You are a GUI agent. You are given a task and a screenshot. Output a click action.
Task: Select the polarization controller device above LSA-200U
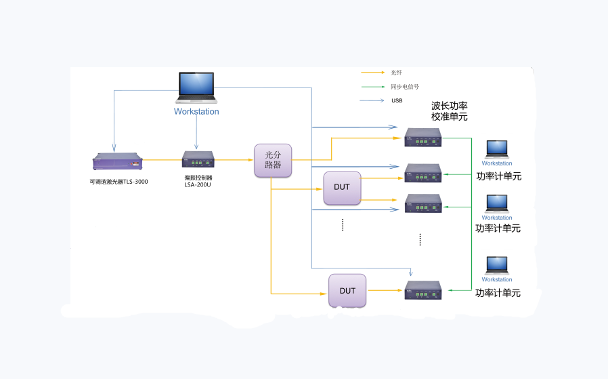198,160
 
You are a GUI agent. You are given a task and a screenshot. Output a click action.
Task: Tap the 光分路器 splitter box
273,160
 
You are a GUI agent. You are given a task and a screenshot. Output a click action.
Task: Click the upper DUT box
342,188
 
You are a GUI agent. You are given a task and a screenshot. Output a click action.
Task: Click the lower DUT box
347,291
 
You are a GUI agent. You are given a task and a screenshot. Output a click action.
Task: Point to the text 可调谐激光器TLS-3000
119,182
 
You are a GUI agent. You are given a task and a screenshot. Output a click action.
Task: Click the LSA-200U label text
198,184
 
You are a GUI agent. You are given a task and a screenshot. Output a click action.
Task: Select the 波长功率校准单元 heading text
449,111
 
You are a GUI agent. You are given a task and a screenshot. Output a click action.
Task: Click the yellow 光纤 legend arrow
373,72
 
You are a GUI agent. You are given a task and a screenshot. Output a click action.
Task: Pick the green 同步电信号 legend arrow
373,86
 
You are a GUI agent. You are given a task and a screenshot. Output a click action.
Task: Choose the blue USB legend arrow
373,100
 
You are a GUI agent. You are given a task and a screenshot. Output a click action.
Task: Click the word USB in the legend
397,100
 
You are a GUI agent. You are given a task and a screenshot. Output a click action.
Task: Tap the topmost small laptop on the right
497,149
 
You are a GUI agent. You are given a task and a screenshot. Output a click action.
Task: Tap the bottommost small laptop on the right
497,265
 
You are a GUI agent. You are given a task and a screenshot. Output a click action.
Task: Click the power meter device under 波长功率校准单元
423,138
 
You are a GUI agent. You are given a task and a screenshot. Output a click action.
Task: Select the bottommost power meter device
423,290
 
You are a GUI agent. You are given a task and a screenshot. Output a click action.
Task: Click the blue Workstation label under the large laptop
196,111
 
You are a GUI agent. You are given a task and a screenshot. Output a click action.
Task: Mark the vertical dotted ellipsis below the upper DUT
343,225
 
